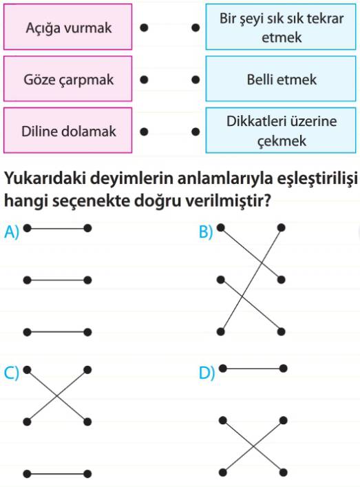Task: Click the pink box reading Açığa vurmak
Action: coord(67,27)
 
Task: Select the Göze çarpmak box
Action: coord(67,79)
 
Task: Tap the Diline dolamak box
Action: coord(67,130)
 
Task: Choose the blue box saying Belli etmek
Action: coord(281,79)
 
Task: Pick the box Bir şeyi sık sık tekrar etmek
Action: coord(281,27)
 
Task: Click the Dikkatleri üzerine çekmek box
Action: coord(281,130)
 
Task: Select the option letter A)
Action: coord(12,231)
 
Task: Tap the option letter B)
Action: coord(206,231)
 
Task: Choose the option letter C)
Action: coord(12,373)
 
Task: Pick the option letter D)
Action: coord(207,373)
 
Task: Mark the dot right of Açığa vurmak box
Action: coord(144,28)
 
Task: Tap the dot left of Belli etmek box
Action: coord(195,80)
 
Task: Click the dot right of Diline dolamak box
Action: coord(144,132)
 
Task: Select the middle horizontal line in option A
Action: coord(57,280)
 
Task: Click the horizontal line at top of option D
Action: coord(253,369)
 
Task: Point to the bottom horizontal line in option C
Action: coord(57,474)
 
